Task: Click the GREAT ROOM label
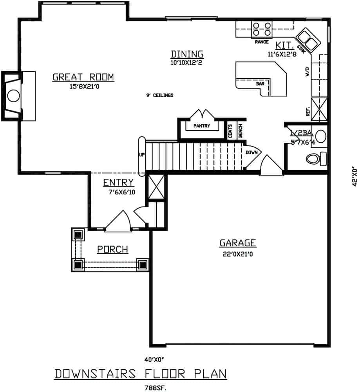pyautogui.click(x=83, y=77)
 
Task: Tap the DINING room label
pyautogui.click(x=187, y=54)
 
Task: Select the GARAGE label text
pyautogui.click(x=237, y=243)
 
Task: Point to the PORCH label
pyautogui.click(x=113, y=249)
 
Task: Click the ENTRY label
pyautogui.click(x=118, y=182)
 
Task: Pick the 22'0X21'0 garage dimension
pyautogui.click(x=237, y=254)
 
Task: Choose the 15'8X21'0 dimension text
pyautogui.click(x=83, y=86)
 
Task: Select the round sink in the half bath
pyautogui.click(x=321, y=136)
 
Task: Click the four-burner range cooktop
pyautogui.click(x=262, y=29)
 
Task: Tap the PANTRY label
pyautogui.click(x=202, y=126)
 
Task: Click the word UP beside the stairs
pyautogui.click(x=142, y=154)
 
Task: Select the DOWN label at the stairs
pyautogui.click(x=251, y=152)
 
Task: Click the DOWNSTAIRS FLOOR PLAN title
pyautogui.click(x=140, y=374)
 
